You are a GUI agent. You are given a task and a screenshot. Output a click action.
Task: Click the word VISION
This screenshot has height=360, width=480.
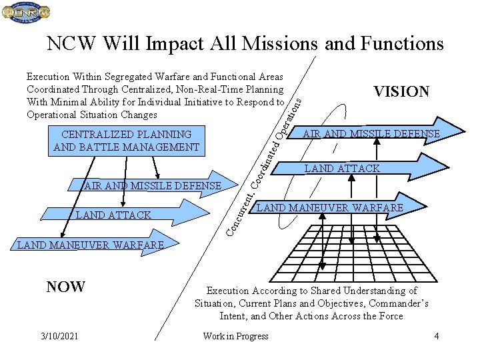(x=401, y=92)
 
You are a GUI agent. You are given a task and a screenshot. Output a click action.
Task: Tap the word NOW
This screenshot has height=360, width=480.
(x=65, y=287)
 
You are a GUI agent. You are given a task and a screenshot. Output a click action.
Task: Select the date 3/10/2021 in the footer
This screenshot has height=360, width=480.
(x=58, y=336)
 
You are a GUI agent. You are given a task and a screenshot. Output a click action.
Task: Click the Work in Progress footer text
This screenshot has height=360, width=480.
(x=235, y=336)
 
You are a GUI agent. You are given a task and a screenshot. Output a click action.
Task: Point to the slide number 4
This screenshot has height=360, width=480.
(x=436, y=336)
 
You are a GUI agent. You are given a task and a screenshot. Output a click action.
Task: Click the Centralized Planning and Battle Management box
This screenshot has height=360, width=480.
(x=126, y=141)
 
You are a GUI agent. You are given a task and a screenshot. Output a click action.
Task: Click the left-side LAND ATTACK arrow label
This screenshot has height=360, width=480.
(x=113, y=215)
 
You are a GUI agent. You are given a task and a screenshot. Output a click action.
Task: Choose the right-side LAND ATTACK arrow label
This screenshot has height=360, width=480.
(x=342, y=169)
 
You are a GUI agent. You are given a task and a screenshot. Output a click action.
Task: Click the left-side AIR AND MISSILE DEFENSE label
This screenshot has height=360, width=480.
(x=152, y=185)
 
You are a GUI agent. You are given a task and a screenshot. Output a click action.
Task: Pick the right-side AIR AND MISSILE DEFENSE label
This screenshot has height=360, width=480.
(x=371, y=134)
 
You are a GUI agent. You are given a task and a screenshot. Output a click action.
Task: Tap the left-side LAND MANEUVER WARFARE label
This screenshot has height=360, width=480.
(x=90, y=245)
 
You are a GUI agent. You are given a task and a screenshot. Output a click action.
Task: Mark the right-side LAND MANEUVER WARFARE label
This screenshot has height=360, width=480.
(x=330, y=208)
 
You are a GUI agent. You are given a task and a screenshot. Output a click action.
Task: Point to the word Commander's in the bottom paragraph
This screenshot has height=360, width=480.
(x=396, y=303)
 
